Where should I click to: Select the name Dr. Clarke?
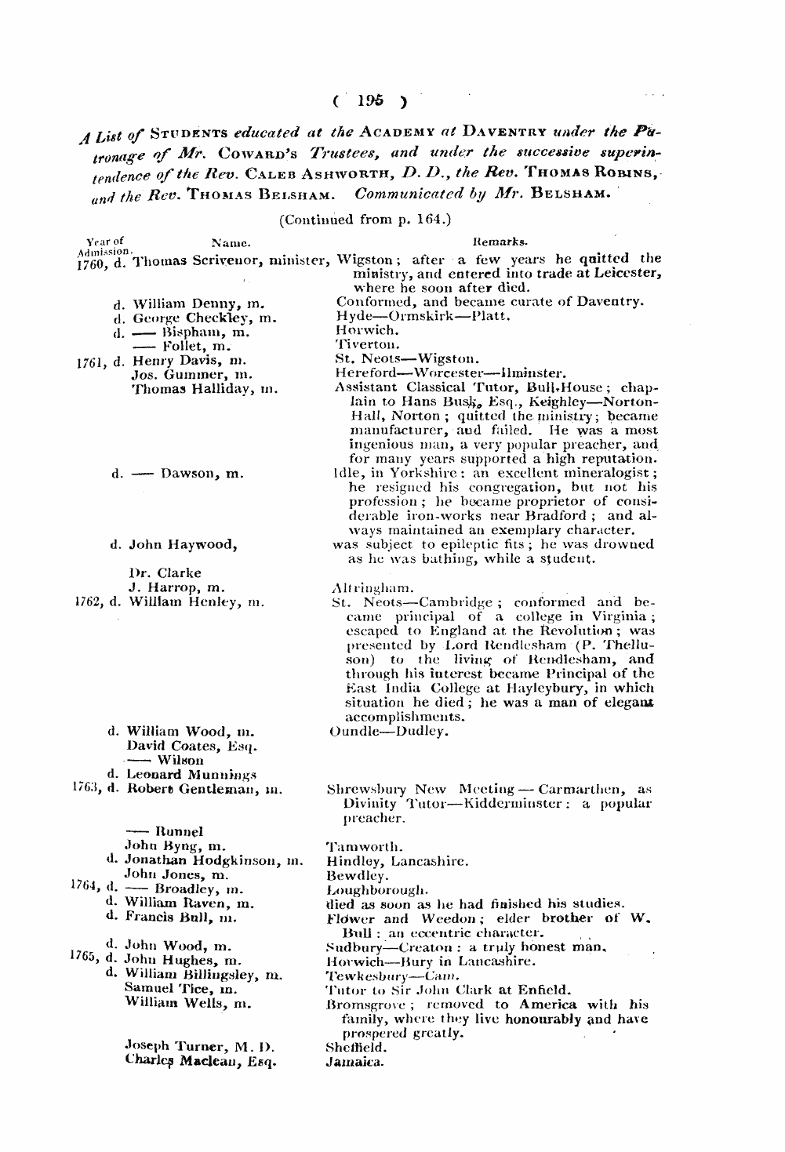coord(165,572)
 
